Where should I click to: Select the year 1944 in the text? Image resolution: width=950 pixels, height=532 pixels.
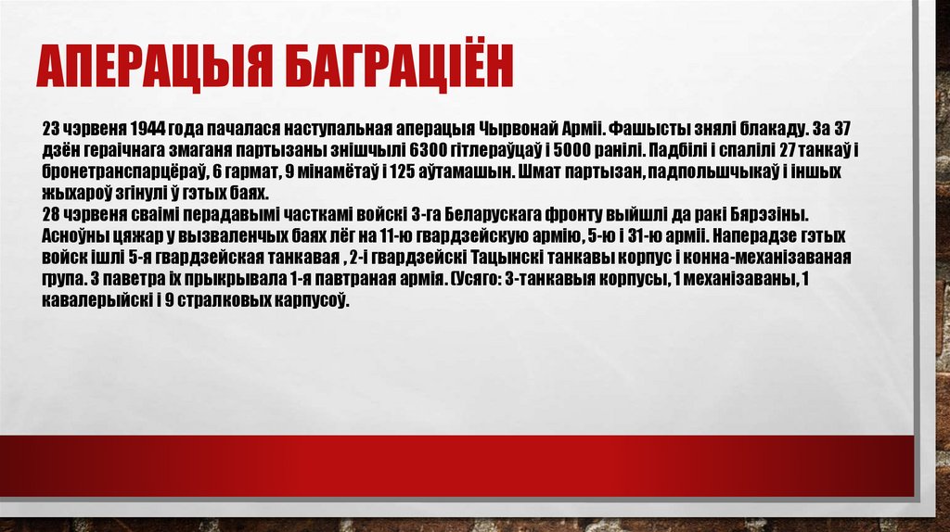click(148, 127)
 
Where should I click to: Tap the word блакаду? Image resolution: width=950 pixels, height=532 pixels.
click(762, 127)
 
